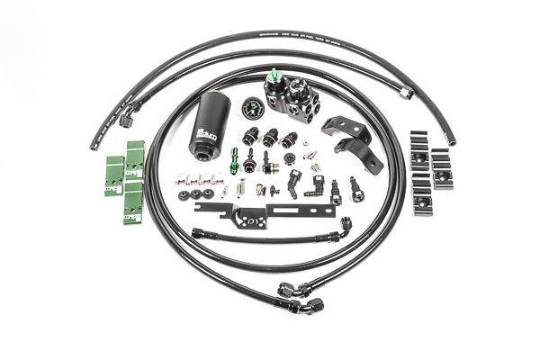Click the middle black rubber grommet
(194, 193)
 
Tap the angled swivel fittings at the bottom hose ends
(301, 297)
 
